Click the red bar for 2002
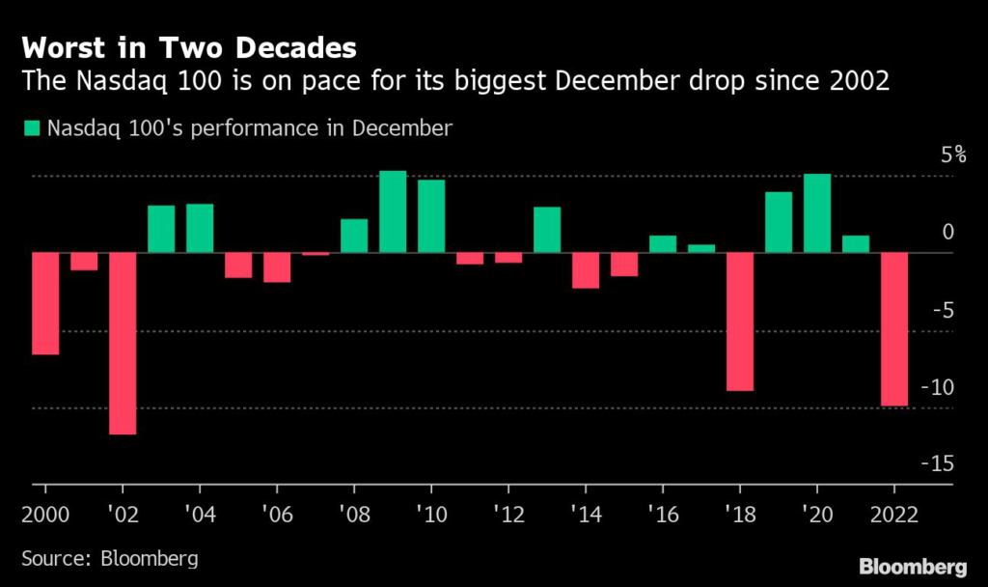tap(123, 344)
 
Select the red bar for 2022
tap(894, 329)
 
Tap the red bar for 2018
tap(740, 321)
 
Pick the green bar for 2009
tap(393, 211)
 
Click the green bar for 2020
tap(817, 213)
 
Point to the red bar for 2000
tap(45, 303)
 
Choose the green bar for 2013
tap(547, 230)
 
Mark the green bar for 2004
tap(200, 228)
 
